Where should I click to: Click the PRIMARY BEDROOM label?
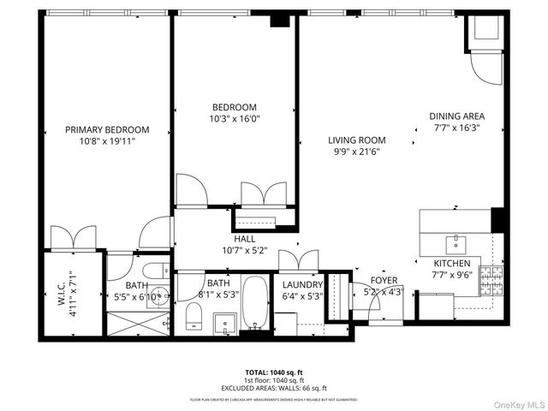(107, 129)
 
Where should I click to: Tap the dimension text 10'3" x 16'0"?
(234, 120)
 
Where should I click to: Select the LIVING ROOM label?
(356, 140)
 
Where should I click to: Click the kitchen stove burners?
(493, 279)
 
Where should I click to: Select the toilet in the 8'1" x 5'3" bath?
(194, 319)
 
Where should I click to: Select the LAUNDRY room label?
(302, 285)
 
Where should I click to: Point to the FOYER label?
(383, 280)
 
